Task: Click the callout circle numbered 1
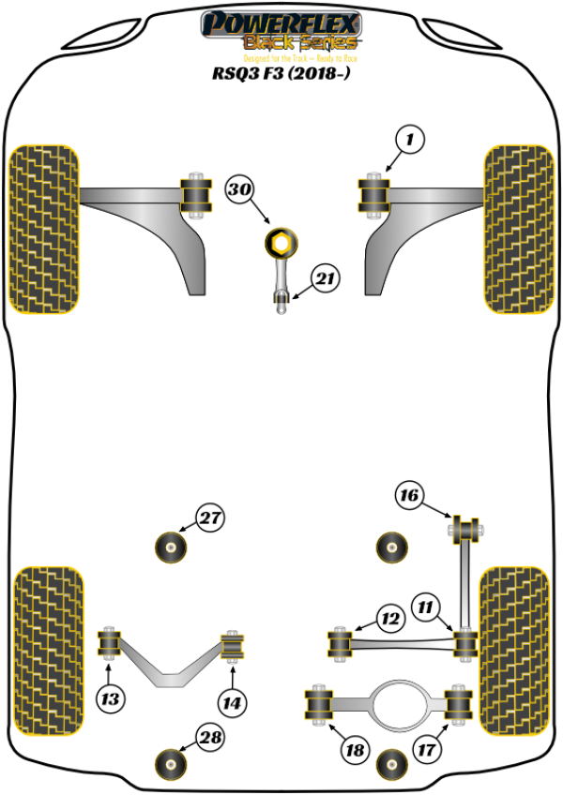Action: point(410,141)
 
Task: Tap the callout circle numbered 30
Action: point(239,190)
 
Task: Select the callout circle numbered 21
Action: point(326,278)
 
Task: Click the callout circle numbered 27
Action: point(210,517)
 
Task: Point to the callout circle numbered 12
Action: point(388,619)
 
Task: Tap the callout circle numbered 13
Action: point(111,698)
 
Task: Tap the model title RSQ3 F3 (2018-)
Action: point(281,72)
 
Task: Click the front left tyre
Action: point(43,229)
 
